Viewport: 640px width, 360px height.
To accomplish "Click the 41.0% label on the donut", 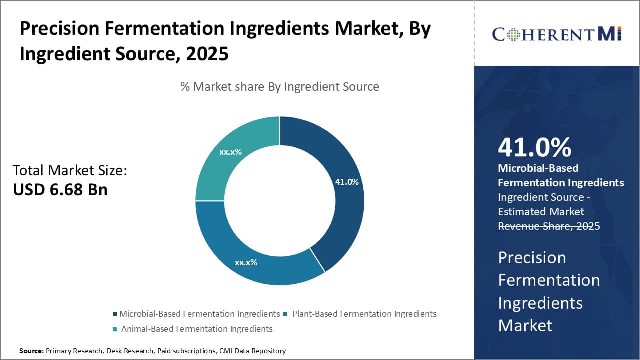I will pyautogui.click(x=346, y=182).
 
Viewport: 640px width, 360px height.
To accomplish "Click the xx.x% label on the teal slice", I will pyautogui.click(x=230, y=152).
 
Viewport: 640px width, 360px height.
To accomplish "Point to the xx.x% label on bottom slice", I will pyautogui.click(x=246, y=262).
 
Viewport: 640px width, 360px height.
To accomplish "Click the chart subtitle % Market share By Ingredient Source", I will pyautogui.click(x=280, y=87).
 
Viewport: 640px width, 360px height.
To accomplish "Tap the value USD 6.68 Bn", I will pyautogui.click(x=60, y=190).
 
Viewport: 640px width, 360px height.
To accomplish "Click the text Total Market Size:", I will pyautogui.click(x=70, y=170).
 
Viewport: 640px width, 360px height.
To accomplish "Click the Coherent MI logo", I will pyautogui.click(x=556, y=34).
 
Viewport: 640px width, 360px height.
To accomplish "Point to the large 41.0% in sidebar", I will pyautogui.click(x=534, y=147).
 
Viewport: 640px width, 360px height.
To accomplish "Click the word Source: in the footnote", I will pyautogui.click(x=31, y=351).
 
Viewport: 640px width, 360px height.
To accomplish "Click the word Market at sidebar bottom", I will pyautogui.click(x=525, y=325).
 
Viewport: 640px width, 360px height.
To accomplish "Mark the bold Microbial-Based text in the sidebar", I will pyautogui.click(x=538, y=168).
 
